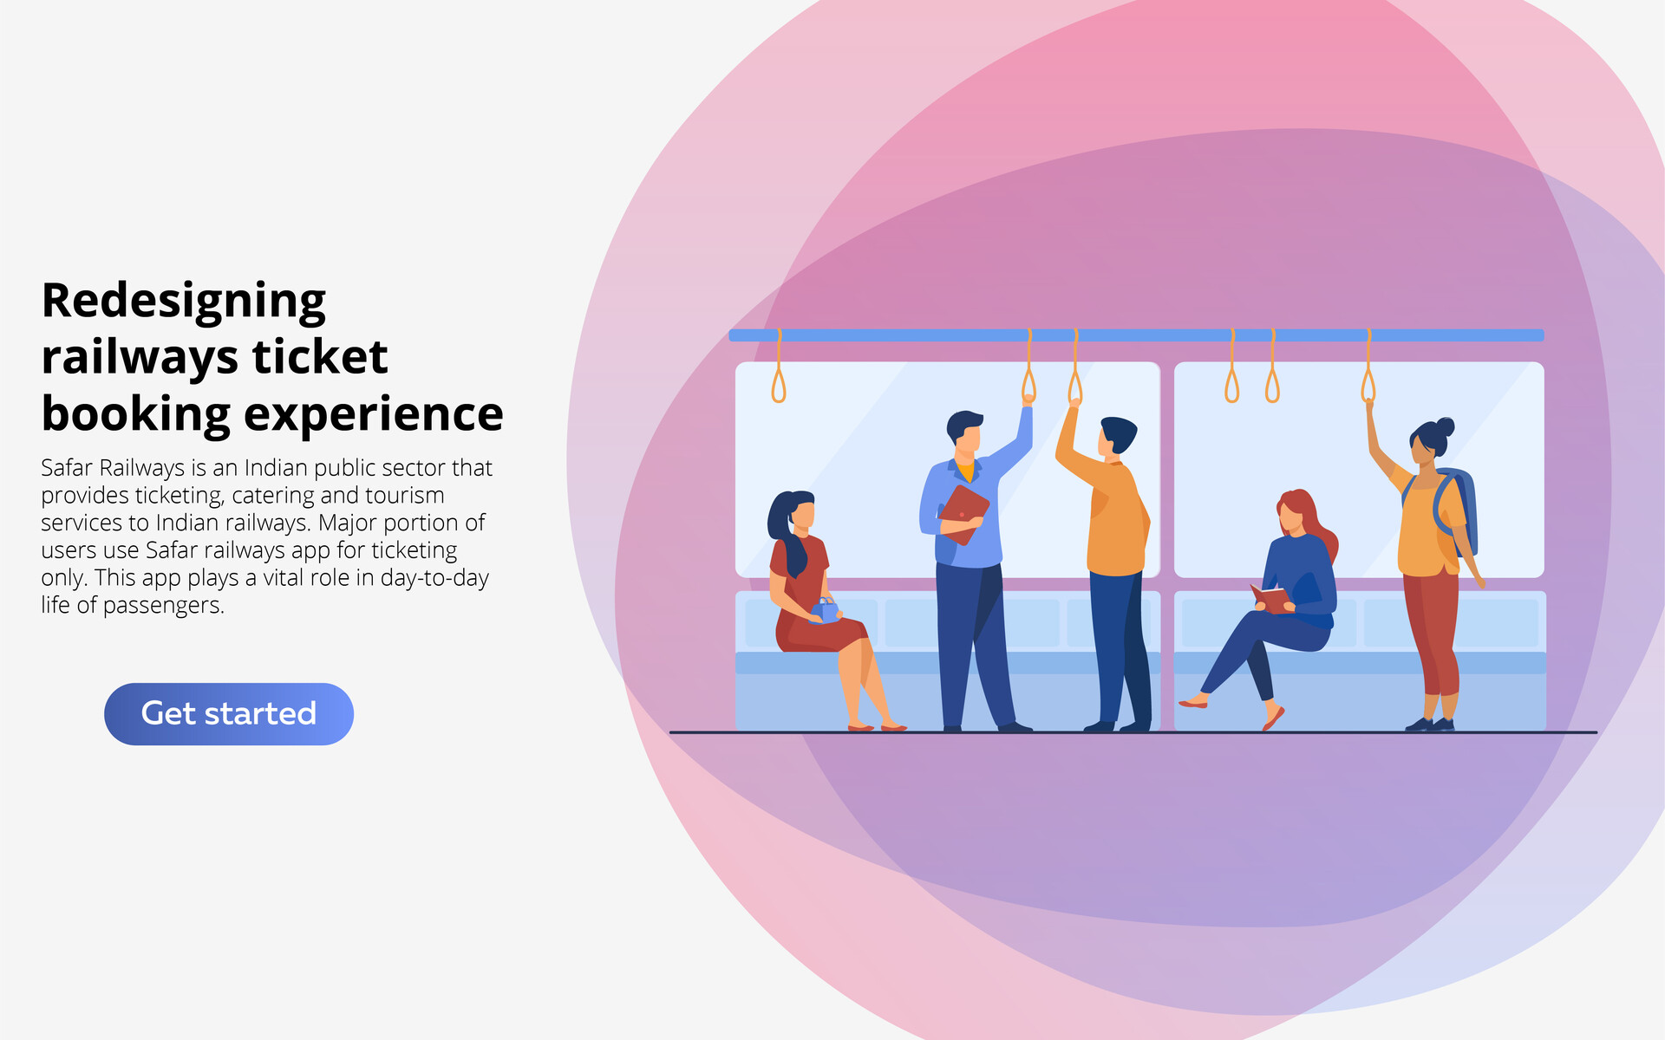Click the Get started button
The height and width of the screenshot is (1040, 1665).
click(228, 713)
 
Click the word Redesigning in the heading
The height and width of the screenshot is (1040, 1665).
click(184, 302)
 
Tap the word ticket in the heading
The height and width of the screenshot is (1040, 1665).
click(320, 357)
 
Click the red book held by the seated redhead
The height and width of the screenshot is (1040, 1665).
click(1270, 598)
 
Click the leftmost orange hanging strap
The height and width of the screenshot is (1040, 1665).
click(779, 381)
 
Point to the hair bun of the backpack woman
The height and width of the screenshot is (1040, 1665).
click(1445, 426)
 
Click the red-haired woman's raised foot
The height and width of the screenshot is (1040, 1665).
click(1194, 702)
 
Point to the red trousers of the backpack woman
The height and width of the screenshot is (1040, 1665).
click(1433, 633)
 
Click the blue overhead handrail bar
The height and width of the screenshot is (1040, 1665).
click(1136, 335)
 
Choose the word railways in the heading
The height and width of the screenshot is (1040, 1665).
click(140, 357)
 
